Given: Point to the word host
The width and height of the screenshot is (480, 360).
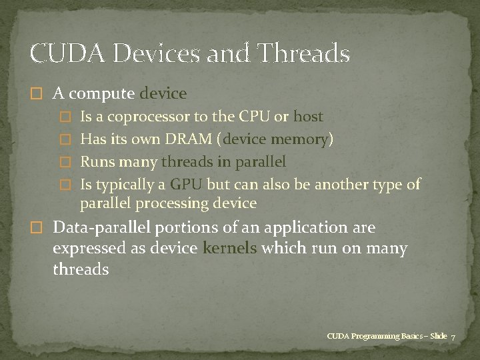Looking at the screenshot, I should pyautogui.click(x=308, y=117).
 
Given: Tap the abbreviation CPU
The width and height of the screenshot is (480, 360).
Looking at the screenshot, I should pyautogui.click(x=254, y=117).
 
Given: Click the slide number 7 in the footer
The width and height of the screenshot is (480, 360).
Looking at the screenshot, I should pyautogui.click(x=453, y=337).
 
